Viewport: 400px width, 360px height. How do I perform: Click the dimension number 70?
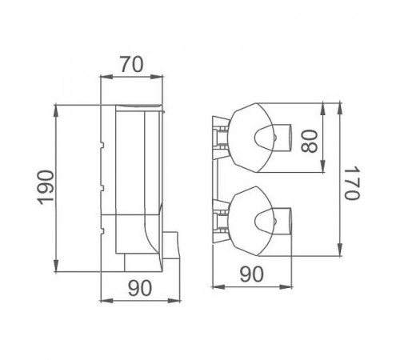pos(131,64)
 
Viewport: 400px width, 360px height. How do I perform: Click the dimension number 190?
pos(46,187)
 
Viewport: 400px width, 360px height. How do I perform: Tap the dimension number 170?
pos(352,183)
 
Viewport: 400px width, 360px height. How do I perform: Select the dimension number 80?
pos(310,141)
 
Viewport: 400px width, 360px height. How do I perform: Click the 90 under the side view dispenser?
pos(140,288)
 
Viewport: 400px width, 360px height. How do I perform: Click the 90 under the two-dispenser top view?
pos(251,274)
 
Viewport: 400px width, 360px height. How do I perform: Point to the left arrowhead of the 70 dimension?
pos(106,77)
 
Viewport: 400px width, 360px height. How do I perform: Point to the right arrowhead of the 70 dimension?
pos(156,77)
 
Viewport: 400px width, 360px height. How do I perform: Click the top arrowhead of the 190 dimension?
pos(56,111)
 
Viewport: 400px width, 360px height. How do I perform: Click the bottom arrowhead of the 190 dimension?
pos(56,266)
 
